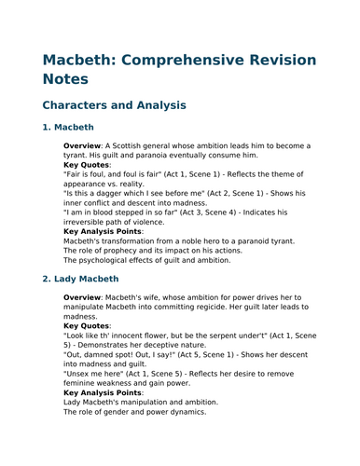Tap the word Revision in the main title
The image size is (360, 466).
(287, 70)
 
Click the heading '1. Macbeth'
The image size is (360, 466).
(68, 128)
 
